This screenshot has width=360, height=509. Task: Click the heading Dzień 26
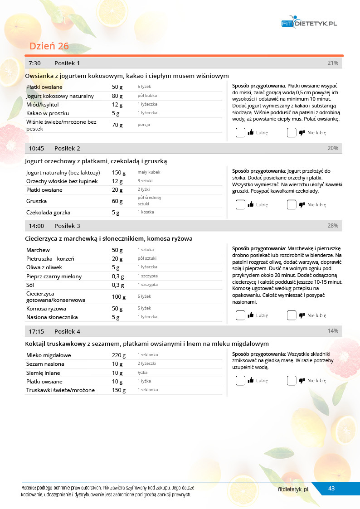[49, 46]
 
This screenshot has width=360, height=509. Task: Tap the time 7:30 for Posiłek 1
[35, 63]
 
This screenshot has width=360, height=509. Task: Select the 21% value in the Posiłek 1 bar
[333, 63]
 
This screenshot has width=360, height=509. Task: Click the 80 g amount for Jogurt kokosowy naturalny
[117, 96]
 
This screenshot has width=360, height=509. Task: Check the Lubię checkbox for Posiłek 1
[240, 133]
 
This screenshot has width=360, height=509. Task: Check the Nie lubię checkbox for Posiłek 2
[292, 204]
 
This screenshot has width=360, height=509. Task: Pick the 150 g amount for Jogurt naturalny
[119, 173]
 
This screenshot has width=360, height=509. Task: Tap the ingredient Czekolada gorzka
[48, 212]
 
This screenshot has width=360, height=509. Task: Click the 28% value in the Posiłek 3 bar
[333, 226]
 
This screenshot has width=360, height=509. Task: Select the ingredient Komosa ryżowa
[46, 309]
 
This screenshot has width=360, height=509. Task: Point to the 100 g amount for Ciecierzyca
[119, 297]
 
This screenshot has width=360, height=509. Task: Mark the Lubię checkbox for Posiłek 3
[240, 315]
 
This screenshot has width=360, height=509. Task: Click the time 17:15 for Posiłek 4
[36, 331]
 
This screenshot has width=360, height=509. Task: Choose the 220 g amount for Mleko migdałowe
[119, 355]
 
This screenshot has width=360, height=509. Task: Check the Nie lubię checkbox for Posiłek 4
[292, 381]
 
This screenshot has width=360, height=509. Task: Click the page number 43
[331, 489]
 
